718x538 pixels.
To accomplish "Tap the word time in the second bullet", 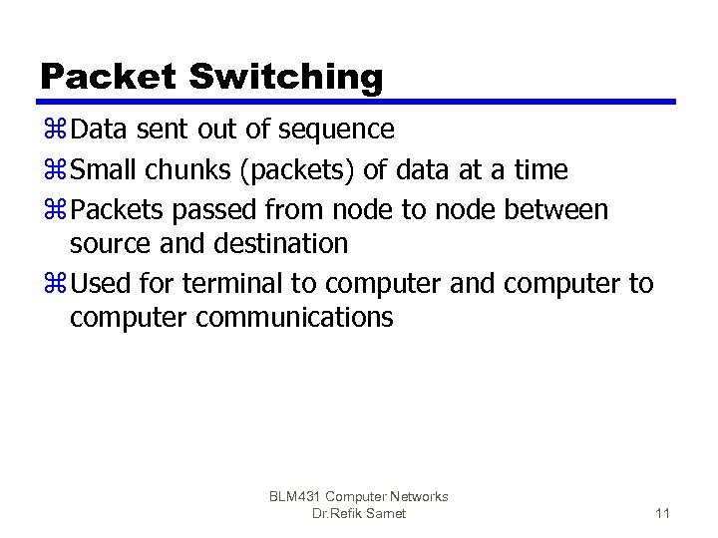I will click(540, 170).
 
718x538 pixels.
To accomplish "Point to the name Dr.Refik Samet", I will click(358, 513).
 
